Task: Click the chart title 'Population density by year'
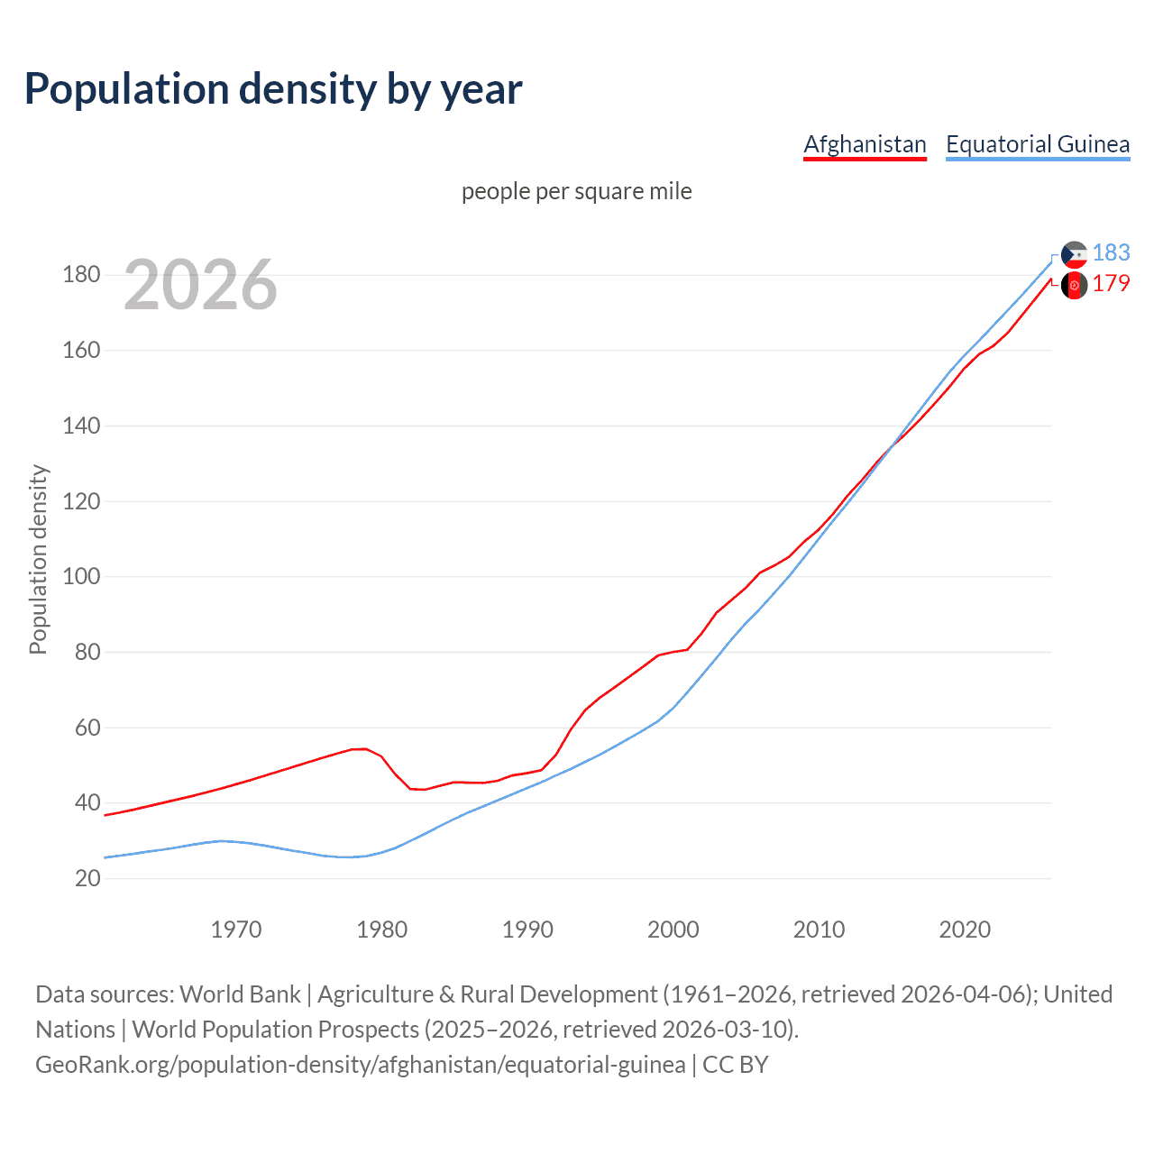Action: click(x=273, y=89)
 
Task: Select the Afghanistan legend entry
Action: click(x=865, y=144)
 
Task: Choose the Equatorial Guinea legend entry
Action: click(x=1037, y=144)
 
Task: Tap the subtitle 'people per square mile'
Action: click(x=576, y=192)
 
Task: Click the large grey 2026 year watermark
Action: click(x=200, y=285)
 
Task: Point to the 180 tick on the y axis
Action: click(x=81, y=275)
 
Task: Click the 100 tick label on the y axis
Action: click(x=81, y=576)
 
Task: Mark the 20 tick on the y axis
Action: click(x=87, y=878)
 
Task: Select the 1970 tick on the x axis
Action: click(x=236, y=930)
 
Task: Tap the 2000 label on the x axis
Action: click(x=673, y=930)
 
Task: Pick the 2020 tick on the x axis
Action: click(x=965, y=930)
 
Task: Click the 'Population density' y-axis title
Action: click(x=38, y=559)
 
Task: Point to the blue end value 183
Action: click(x=1111, y=253)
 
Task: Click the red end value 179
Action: click(x=1111, y=284)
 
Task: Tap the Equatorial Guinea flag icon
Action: click(x=1074, y=255)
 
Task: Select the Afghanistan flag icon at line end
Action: click(x=1074, y=286)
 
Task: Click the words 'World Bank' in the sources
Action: click(x=240, y=994)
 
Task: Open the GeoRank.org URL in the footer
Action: click(x=361, y=1065)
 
